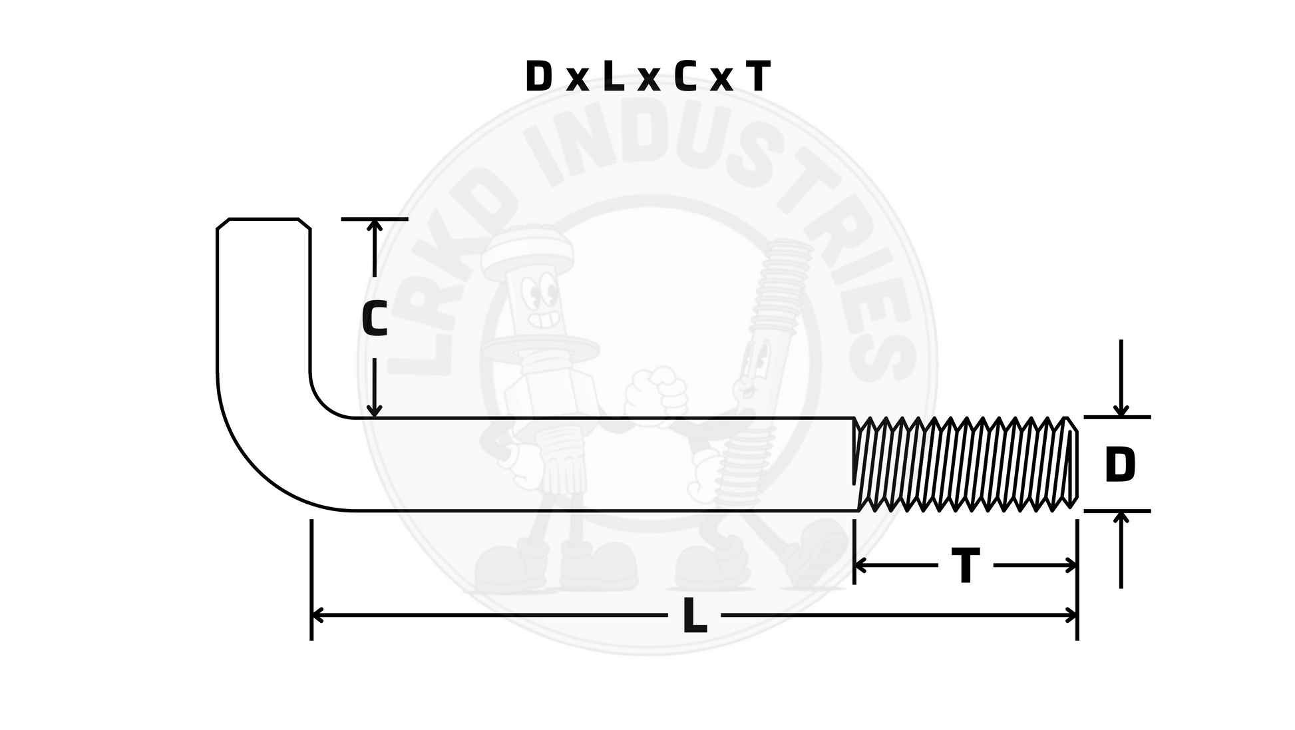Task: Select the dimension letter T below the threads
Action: pos(966,566)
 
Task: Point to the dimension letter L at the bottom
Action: pos(694,616)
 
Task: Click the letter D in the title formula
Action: pos(538,77)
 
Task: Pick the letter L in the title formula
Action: pos(613,77)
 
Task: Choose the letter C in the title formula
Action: pos(685,77)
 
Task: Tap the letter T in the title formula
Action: pos(758,77)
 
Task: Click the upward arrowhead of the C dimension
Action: pos(375,225)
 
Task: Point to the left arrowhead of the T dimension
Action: pos(860,566)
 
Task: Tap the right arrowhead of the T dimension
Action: pos(1071,566)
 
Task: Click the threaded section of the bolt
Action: pos(965,464)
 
